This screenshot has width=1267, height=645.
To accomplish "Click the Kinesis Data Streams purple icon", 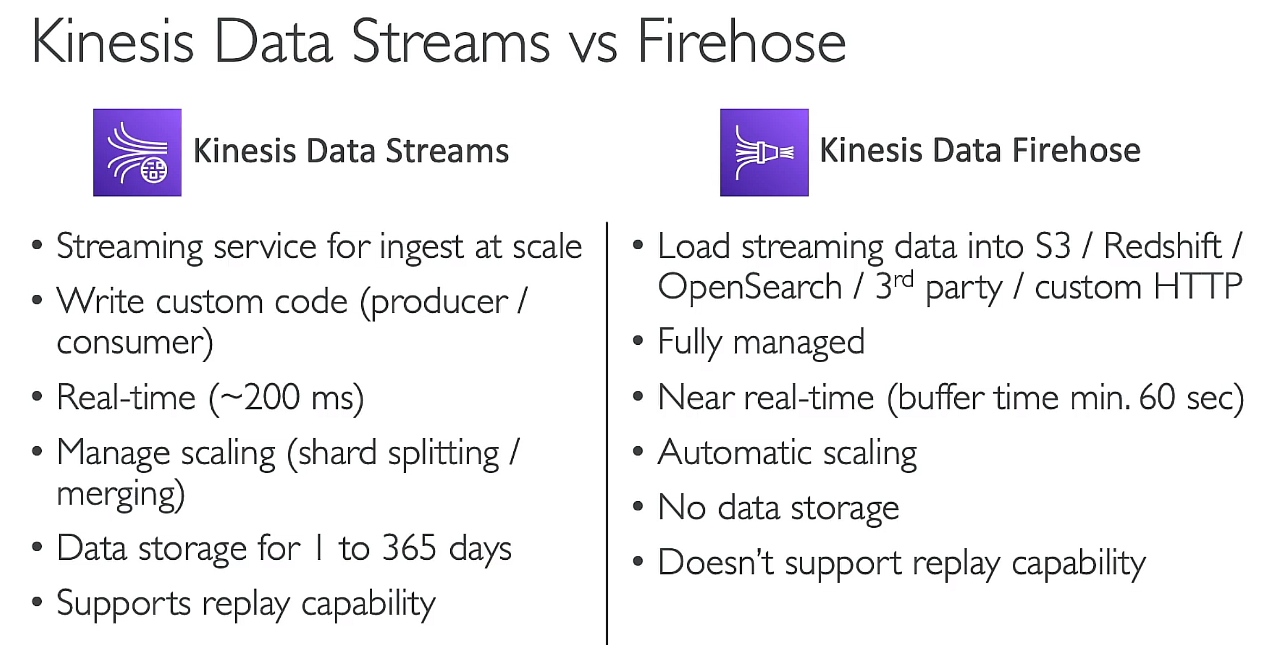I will (x=137, y=153).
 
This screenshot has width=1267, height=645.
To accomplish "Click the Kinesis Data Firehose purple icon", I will (x=764, y=153).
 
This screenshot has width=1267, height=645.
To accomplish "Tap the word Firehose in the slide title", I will (x=742, y=42).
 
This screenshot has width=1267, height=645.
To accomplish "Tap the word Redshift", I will (x=1162, y=246).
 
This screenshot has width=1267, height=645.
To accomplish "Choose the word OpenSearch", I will (x=749, y=287).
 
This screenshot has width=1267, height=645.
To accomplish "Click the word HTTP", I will (x=1197, y=287).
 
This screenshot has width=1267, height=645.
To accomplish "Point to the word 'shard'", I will (x=337, y=453).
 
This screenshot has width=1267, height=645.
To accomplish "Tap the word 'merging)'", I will (x=121, y=494).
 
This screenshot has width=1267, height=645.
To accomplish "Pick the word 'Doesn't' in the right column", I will (x=715, y=562).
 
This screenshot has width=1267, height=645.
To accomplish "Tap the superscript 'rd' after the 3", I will (x=903, y=279).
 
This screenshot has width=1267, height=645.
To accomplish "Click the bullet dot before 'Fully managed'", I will (x=638, y=342).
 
